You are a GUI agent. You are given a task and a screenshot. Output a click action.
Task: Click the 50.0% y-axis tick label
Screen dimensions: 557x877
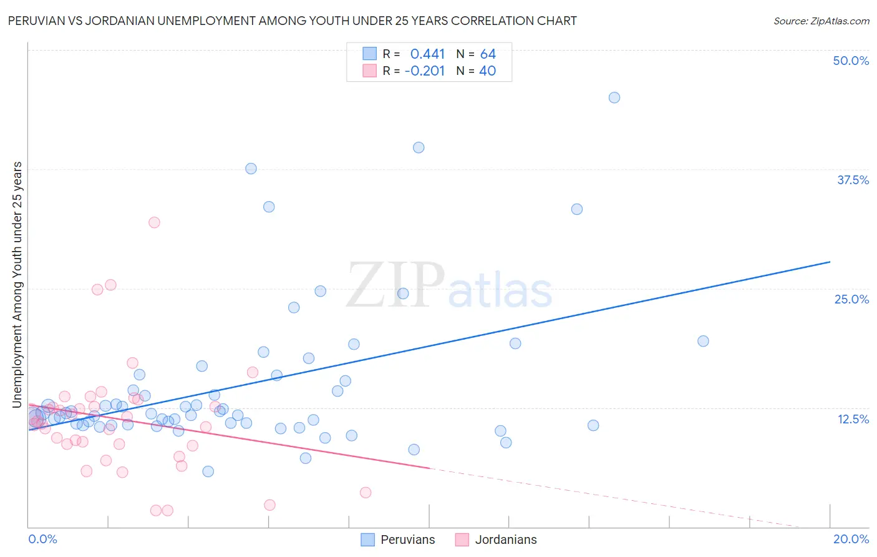pyautogui.click(x=851, y=61)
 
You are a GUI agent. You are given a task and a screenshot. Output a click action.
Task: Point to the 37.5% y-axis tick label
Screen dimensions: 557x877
pyautogui.click(x=853, y=180)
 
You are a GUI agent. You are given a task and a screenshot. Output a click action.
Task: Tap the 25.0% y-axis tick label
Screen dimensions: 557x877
pyautogui.click(x=851, y=299)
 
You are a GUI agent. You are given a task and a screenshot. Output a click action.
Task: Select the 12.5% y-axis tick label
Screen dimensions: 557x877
pyautogui.click(x=853, y=418)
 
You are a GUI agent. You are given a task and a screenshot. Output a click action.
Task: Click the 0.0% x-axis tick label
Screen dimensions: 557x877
pyautogui.click(x=42, y=539)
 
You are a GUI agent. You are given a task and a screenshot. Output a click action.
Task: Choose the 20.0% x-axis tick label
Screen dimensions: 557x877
pyautogui.click(x=851, y=539)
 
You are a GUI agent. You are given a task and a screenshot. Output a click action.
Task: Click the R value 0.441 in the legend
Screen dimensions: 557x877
pyautogui.click(x=427, y=54)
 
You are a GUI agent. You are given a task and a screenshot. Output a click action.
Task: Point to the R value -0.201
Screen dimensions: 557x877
pyautogui.click(x=424, y=71)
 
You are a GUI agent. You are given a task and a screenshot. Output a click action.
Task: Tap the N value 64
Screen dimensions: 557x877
pyautogui.click(x=488, y=54)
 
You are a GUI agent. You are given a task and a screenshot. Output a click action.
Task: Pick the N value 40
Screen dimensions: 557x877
pyautogui.click(x=487, y=71)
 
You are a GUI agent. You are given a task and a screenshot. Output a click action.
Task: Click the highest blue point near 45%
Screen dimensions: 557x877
pyautogui.click(x=614, y=97)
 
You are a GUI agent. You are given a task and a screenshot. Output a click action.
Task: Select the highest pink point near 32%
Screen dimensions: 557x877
pyautogui.click(x=154, y=222)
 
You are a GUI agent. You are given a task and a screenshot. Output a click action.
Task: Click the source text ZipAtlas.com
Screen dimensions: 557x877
pyautogui.click(x=821, y=21)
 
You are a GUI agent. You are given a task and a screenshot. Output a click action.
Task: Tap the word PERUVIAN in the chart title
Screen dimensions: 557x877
pyautogui.click(x=37, y=21)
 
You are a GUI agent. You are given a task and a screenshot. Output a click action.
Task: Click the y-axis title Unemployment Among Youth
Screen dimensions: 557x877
pyautogui.click(x=17, y=284)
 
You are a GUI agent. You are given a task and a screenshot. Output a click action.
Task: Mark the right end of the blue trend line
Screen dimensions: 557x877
pyautogui.click(x=830, y=262)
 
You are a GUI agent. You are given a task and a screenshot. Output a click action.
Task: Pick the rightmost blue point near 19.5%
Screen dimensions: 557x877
pyautogui.click(x=703, y=341)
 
